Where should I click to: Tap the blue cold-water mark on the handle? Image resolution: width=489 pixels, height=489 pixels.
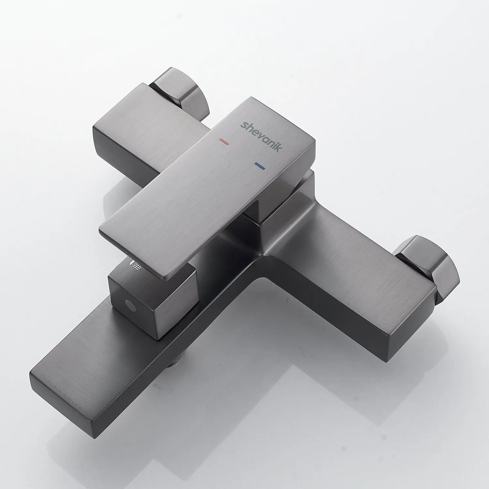click(260, 166)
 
